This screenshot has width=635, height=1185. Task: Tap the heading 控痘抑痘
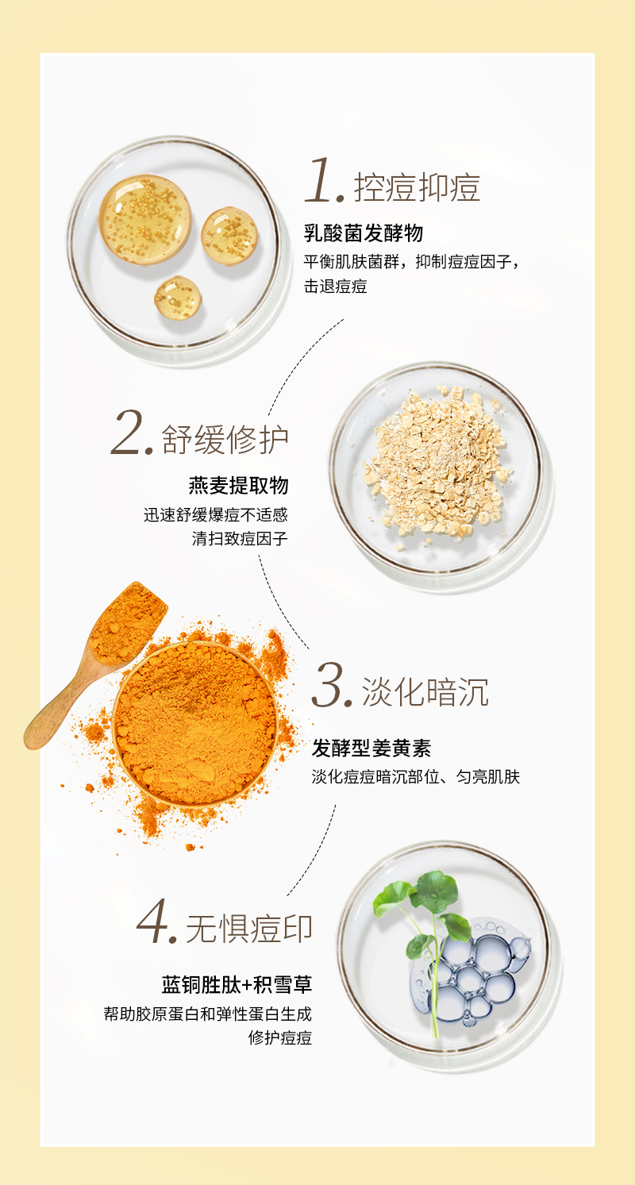[x=417, y=188]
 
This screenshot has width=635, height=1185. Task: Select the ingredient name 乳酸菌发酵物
[x=364, y=233]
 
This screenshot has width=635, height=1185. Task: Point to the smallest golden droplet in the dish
[x=178, y=298]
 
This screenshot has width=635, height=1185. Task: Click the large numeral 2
[x=128, y=433]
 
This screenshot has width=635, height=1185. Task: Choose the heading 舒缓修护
[x=225, y=439]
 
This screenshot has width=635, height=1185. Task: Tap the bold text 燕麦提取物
[x=239, y=485]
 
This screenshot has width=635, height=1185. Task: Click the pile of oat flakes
[x=437, y=460]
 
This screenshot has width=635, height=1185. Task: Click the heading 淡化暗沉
[x=425, y=691]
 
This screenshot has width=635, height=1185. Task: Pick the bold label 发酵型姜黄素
[x=371, y=748]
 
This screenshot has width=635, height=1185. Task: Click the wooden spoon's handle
[x=63, y=703]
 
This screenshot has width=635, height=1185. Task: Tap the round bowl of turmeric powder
[x=195, y=725]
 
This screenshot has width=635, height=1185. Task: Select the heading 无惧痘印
[x=248, y=929]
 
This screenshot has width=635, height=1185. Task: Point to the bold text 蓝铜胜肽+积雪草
[x=237, y=985]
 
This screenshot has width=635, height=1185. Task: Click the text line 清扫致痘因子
[x=240, y=539]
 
